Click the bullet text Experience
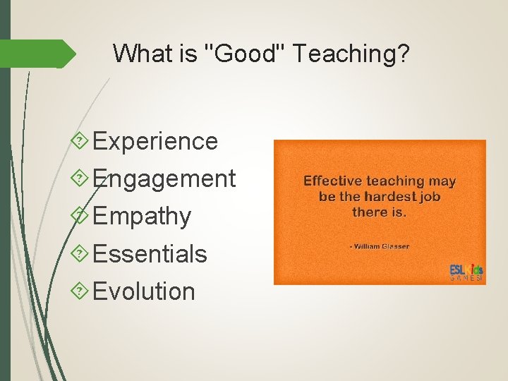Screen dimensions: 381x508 pos(155,141)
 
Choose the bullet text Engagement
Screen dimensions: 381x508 pos(164,179)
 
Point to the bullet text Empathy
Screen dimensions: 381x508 pos(142,216)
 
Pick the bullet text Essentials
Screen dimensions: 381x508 pos(150,253)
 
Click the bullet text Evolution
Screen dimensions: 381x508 pos(144,291)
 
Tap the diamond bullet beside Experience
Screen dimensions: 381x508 pos(81,141)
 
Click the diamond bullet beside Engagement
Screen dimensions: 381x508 pos(81,179)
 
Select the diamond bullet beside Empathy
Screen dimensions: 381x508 pos(81,216)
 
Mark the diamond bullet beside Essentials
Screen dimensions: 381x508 pos(81,253)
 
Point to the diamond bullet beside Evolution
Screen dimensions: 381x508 pos(81,291)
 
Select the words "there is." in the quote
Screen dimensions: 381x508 pos(380,212)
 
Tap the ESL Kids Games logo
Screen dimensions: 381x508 pos(466,272)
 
